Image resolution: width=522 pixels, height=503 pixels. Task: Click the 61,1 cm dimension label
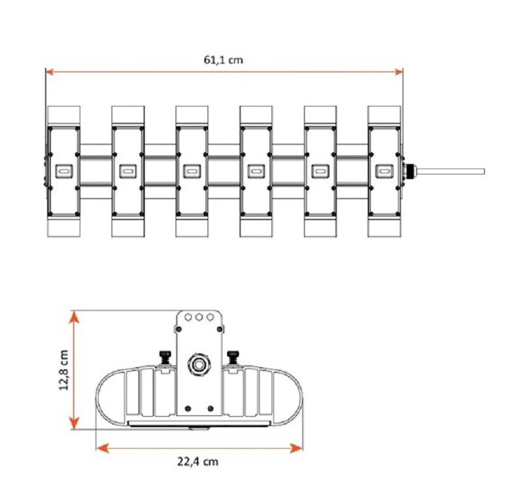pos(224,59)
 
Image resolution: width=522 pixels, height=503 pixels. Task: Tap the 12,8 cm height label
pos(64,370)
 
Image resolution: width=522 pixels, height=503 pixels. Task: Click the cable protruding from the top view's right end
pos(450,171)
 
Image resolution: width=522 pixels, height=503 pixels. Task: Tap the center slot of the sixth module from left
pos(384,172)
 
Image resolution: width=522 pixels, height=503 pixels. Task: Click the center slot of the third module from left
pos(191,172)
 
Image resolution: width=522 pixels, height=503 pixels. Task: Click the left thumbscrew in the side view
pos(164,357)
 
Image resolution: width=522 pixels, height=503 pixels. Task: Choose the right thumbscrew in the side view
pos(232,357)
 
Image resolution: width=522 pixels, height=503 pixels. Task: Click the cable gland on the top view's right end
pos(408,171)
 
